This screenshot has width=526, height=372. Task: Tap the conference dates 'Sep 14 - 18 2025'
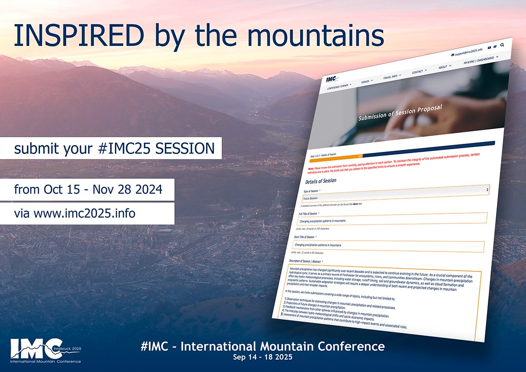263,357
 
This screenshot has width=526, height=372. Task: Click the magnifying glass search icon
502,45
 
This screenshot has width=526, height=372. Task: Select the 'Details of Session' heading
321,181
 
